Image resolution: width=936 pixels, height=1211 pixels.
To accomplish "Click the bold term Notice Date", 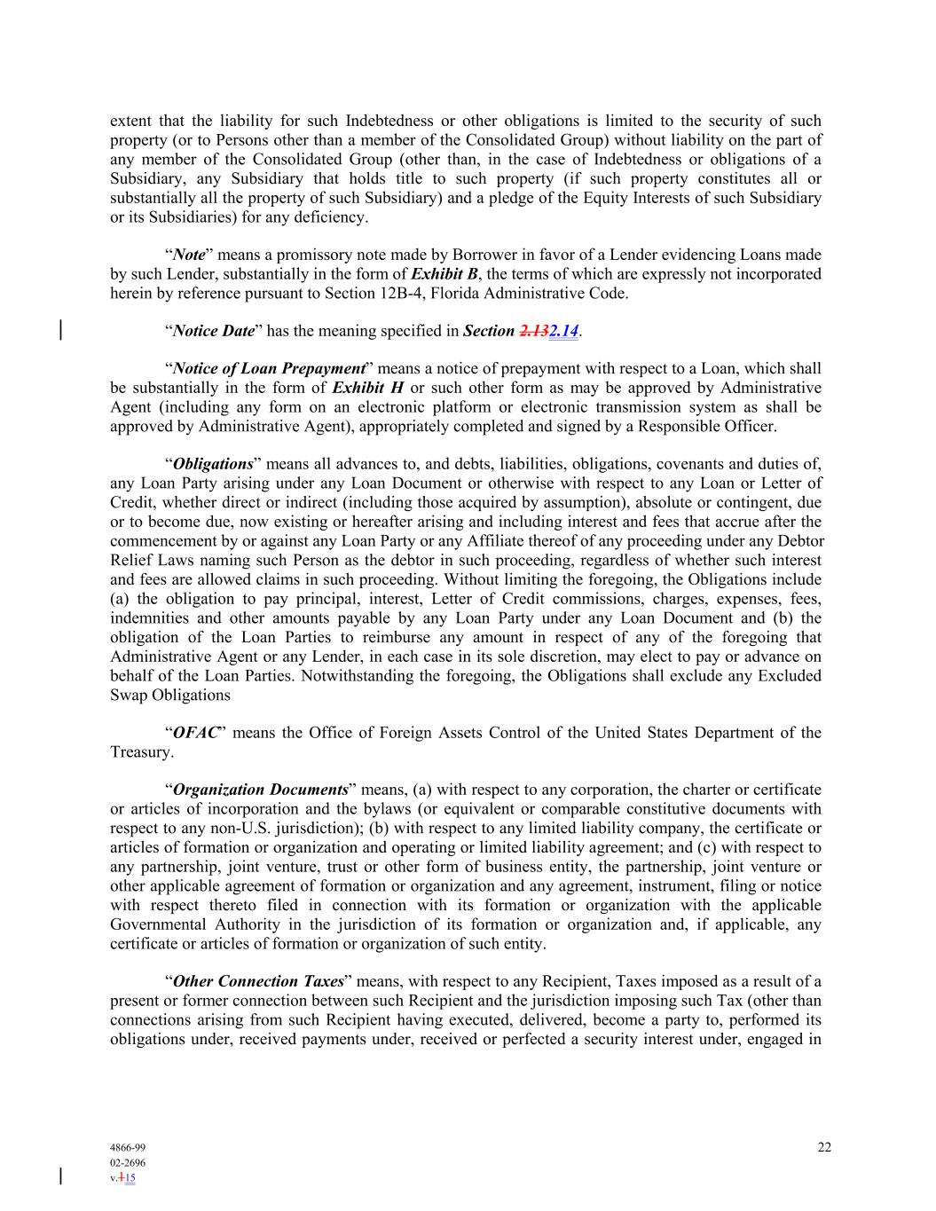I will pyautogui.click(x=214, y=331).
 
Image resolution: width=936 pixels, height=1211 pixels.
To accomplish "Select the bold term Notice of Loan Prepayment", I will pyautogui.click(x=270, y=368).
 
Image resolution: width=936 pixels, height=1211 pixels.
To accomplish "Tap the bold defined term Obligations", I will pyautogui.click(x=213, y=464).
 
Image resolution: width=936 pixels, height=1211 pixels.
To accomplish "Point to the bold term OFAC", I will pyautogui.click(x=196, y=733).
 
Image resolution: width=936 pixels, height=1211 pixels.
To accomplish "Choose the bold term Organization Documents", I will pyautogui.click(x=260, y=790).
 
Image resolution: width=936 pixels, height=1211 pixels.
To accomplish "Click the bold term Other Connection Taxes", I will pyautogui.click(x=258, y=981).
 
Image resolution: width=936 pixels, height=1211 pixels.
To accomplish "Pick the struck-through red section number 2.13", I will pyautogui.click(x=534, y=331).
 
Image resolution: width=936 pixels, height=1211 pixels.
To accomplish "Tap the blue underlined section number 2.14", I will pyautogui.click(x=563, y=331).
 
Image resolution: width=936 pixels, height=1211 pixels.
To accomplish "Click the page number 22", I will pyautogui.click(x=824, y=1147).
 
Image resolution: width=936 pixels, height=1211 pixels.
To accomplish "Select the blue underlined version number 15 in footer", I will pyautogui.click(x=130, y=1178).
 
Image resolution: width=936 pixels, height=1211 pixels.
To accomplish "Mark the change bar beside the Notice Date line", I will pyautogui.click(x=60, y=330).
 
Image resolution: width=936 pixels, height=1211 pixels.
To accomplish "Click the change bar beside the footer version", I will pyautogui.click(x=60, y=1176).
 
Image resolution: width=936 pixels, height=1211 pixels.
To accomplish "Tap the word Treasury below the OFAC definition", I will pyautogui.click(x=140, y=752).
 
